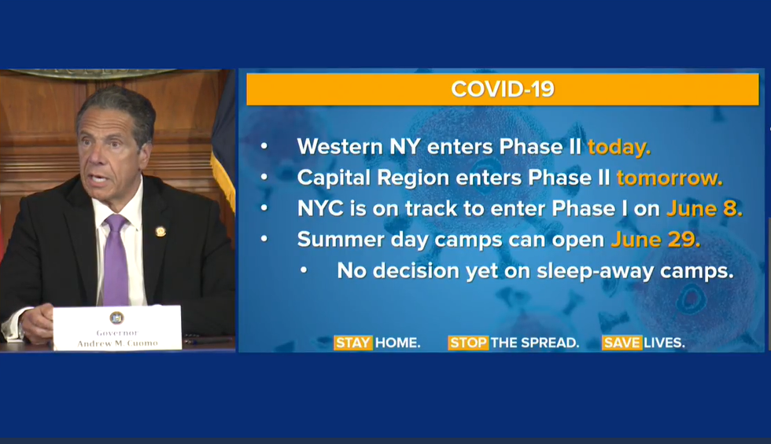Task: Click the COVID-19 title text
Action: click(x=503, y=89)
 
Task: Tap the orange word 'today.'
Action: click(x=619, y=147)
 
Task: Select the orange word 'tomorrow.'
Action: click(x=670, y=178)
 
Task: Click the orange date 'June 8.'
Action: click(x=704, y=209)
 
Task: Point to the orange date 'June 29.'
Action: click(x=655, y=240)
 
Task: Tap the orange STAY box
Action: click(x=353, y=343)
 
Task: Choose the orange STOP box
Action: click(x=467, y=343)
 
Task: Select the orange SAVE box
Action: click(x=622, y=343)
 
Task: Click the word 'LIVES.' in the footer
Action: click(x=664, y=343)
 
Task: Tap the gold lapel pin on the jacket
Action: click(x=160, y=231)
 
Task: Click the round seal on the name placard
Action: click(x=116, y=317)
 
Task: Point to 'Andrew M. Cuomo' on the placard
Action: click(x=117, y=343)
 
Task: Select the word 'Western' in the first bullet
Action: click(x=340, y=146)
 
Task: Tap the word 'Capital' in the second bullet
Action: click(x=334, y=178)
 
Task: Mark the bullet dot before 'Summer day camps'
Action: click(x=264, y=239)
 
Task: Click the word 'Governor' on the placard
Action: click(x=117, y=332)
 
